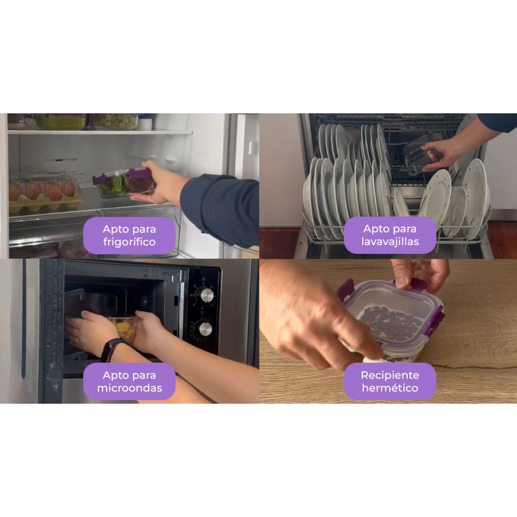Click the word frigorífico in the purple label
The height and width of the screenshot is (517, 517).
click(129, 242)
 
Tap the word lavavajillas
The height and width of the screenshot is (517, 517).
click(390, 241)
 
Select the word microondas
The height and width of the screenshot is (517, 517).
click(130, 388)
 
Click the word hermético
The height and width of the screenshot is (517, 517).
click(390, 388)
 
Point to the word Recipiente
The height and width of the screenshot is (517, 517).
click(390, 375)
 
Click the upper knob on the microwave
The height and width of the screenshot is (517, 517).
click(206, 295)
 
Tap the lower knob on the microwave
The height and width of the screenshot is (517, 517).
click(205, 329)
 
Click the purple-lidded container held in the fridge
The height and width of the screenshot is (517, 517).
click(124, 182)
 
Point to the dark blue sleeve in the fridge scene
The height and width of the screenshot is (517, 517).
click(220, 209)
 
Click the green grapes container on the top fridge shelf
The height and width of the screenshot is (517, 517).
click(116, 121)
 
